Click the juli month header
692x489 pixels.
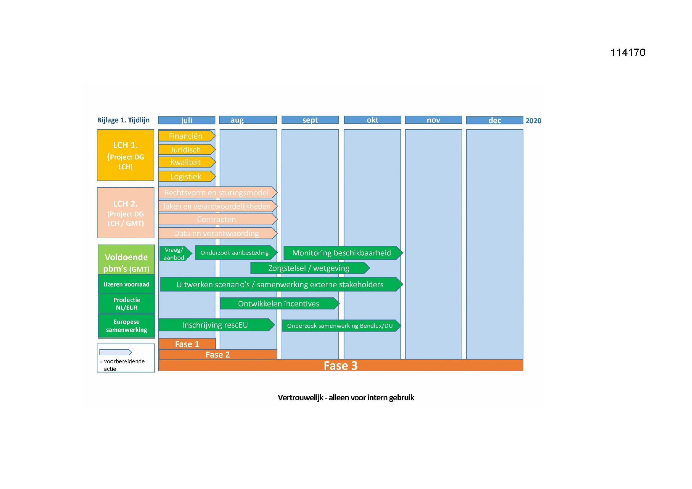pos(186,120)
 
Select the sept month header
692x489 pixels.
pos(310,120)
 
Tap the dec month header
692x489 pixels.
pos(494,120)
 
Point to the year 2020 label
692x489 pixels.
pos(533,120)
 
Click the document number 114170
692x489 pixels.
pos(628,53)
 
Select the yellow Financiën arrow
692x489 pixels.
pos(187,136)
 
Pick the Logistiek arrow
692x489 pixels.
pos(187,177)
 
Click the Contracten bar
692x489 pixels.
pos(218,219)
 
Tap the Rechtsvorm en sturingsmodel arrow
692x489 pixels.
pos(218,192)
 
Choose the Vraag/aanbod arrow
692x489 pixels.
pos(176,254)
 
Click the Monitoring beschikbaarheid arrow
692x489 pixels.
pos(343,252)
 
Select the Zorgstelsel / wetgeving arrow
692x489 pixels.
pos(310,268)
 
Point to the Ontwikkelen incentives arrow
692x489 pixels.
pos(280,304)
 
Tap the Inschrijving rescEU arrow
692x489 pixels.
pos(216,325)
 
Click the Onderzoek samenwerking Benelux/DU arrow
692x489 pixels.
pos(341,326)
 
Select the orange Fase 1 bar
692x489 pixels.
pos(187,344)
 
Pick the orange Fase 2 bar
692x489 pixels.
pos(218,354)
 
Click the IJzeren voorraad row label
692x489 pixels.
pos(127,284)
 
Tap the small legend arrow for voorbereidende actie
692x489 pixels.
pos(116,352)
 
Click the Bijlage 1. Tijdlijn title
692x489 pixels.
pos(123,120)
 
